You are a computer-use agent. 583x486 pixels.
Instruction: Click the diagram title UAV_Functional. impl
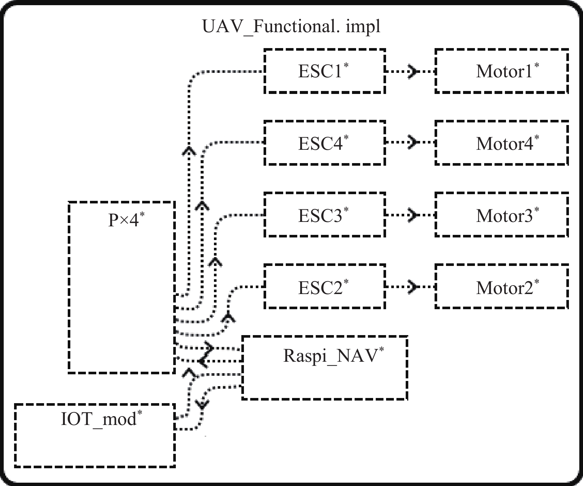pyautogui.click(x=291, y=27)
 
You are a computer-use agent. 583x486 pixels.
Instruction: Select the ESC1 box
pyautogui.click(x=325, y=71)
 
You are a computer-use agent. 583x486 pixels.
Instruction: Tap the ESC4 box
pyautogui.click(x=325, y=143)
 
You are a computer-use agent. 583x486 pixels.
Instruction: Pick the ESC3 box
pyautogui.click(x=325, y=215)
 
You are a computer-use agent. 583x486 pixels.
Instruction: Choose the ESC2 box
pyautogui.click(x=325, y=287)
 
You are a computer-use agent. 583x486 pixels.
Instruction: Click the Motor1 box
pyautogui.click(x=502, y=71)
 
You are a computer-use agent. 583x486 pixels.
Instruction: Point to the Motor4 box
pyautogui.click(x=502, y=143)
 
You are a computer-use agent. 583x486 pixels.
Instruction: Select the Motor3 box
pyautogui.click(x=502, y=215)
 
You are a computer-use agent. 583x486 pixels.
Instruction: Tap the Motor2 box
pyautogui.click(x=502, y=287)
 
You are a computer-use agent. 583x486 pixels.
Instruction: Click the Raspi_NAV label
pyautogui.click(x=330, y=355)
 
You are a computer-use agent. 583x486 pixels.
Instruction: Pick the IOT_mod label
pyautogui.click(x=98, y=419)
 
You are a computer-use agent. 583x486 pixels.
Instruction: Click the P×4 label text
pyautogui.click(x=124, y=220)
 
